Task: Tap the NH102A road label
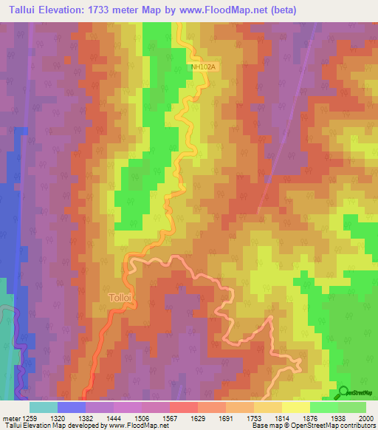click(204, 66)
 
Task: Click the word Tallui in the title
click(26, 10)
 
